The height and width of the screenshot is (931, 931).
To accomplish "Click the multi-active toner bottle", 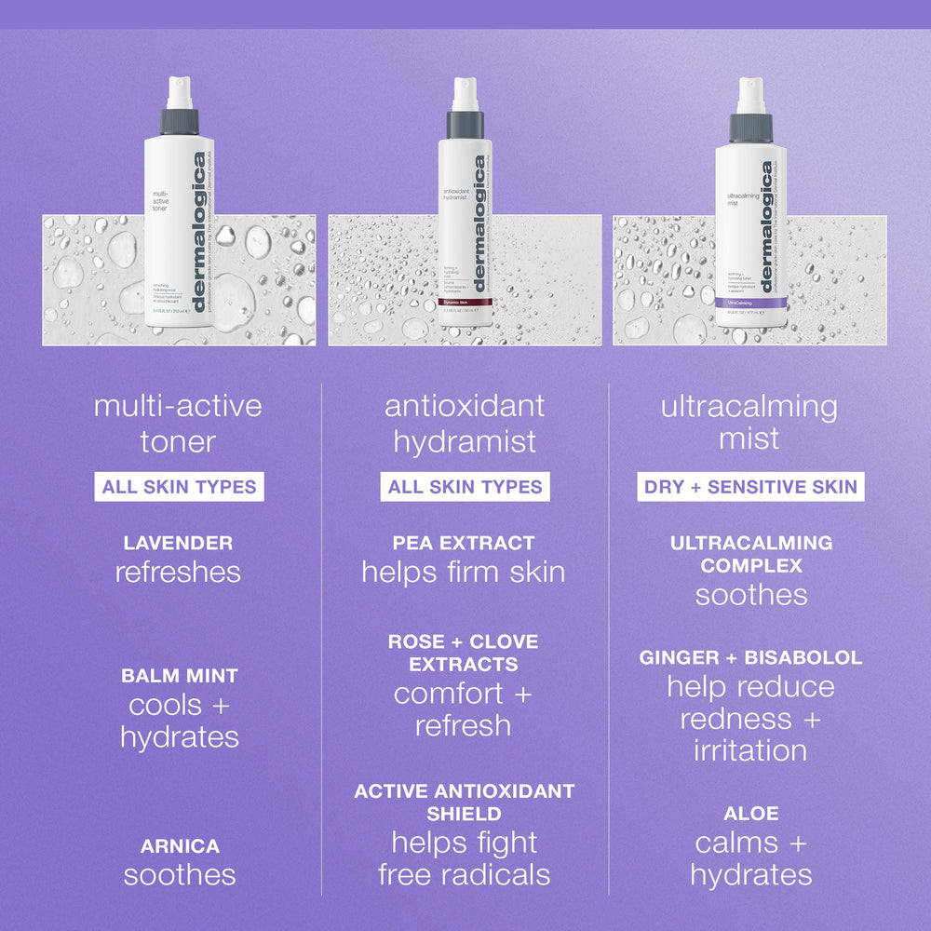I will point(179,233).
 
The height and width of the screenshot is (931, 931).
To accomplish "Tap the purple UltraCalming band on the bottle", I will point(744,304).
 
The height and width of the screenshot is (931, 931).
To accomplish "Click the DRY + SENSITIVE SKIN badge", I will point(750,487).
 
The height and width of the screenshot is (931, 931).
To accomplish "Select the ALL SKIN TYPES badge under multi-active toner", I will point(179,487).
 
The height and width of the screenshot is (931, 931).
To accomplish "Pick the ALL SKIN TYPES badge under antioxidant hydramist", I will point(465,487).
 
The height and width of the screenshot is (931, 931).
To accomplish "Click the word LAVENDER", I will point(178,543).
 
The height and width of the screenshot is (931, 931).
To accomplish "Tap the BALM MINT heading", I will point(179,676).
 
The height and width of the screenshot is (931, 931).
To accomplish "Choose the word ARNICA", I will point(180,846).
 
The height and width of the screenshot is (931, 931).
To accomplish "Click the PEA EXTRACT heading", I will point(464,543).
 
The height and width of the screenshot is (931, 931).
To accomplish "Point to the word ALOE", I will point(750,814).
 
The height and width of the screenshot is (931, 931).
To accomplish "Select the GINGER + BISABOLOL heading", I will point(750,658).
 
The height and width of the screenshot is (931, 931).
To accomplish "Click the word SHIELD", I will point(464,814).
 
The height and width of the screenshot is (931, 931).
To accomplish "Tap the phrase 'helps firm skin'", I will point(464,572).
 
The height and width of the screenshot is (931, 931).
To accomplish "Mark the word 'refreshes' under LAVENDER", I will point(178,572).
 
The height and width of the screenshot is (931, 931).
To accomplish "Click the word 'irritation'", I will point(750,750).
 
